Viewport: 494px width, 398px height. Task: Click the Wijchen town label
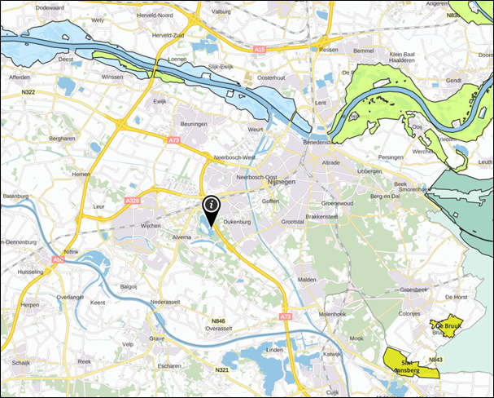[x=151, y=223]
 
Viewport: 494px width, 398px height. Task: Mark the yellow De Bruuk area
[x=447, y=326]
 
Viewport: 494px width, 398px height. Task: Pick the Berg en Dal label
[x=387, y=197]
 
